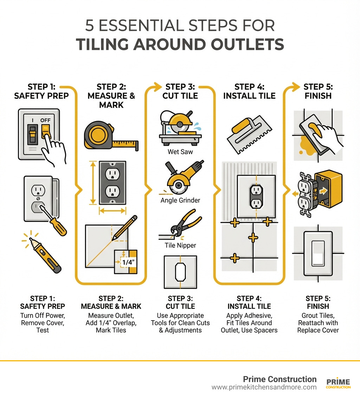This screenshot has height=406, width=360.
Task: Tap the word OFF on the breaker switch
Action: [45, 120]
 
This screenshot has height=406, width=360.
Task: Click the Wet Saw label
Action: [180, 152]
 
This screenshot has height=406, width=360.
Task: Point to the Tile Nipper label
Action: [180, 245]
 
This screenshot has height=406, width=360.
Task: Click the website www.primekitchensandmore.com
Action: [264, 387]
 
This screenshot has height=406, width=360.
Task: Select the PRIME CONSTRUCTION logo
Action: [338, 383]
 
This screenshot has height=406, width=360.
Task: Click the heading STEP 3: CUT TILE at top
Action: [180, 91]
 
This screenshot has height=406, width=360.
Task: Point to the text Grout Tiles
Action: [318, 315]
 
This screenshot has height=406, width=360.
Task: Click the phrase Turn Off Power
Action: [42, 315]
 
